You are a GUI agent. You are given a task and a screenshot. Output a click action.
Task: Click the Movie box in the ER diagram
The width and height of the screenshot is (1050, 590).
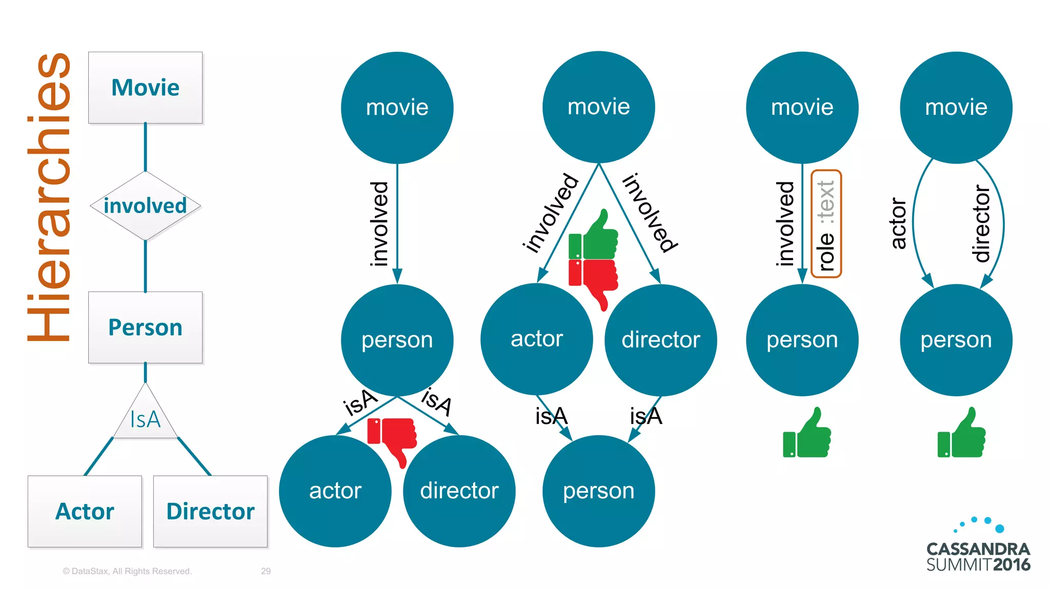tap(145, 88)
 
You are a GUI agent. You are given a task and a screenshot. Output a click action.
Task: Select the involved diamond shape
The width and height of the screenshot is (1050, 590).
tap(145, 206)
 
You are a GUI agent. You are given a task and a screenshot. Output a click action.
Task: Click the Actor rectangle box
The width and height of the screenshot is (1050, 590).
tap(85, 511)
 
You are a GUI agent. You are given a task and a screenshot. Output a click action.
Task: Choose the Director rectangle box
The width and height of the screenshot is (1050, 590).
tap(210, 511)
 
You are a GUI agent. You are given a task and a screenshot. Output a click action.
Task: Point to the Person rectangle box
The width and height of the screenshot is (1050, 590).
tap(145, 327)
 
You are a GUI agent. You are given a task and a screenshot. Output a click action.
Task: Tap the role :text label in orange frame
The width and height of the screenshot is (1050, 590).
tap(826, 224)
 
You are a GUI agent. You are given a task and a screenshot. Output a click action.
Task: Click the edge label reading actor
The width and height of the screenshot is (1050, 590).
tap(898, 223)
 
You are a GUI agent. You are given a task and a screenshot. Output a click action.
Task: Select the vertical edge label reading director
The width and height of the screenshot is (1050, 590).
tap(981, 223)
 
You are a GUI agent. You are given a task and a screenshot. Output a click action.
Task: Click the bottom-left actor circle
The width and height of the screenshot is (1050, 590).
tap(335, 491)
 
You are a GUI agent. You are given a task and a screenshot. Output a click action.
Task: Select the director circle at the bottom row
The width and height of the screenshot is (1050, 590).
tap(459, 491)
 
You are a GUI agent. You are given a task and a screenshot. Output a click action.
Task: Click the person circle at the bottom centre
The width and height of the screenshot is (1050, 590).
tap(598, 491)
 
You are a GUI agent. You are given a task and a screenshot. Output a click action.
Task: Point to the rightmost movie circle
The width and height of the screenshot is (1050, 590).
tap(956, 108)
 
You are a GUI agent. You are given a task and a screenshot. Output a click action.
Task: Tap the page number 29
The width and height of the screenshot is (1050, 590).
tap(266, 571)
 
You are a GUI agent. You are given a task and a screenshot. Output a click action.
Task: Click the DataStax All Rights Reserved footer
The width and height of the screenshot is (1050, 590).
tap(127, 571)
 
